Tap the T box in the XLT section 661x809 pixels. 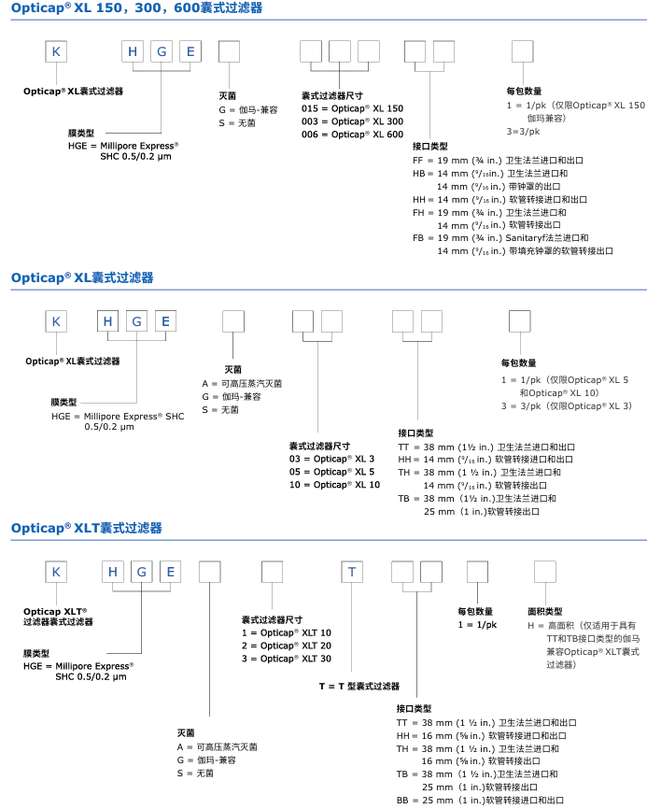click(352, 572)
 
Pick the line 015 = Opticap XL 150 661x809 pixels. click(352, 108)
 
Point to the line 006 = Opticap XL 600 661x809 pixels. click(352, 135)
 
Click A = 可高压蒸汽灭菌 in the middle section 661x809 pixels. click(242, 383)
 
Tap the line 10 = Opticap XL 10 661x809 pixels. click(334, 485)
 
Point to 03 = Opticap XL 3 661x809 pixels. click(330, 459)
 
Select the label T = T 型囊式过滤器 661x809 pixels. click(359, 686)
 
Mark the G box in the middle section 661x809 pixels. click(137, 322)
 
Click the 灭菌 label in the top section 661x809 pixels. click(227, 95)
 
